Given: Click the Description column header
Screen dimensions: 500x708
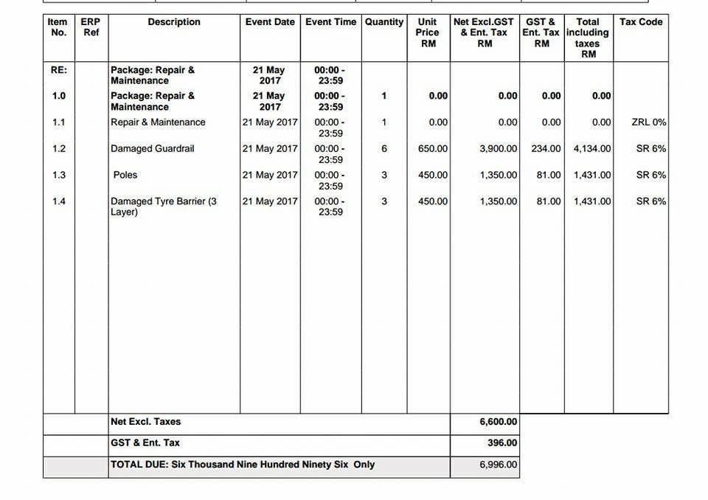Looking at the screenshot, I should pos(174,22).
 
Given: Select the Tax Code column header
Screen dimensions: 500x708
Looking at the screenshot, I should pos(641,22).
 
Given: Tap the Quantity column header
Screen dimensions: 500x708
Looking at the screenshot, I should pos(384,22).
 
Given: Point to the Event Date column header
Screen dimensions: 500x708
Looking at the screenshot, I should pos(270,22).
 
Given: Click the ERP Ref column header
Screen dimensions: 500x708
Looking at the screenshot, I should pos(91,27).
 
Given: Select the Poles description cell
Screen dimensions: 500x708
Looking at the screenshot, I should pos(125,176).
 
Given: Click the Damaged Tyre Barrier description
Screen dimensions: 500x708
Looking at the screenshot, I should pos(164,206).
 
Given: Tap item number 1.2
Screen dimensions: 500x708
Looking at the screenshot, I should pos(59,149).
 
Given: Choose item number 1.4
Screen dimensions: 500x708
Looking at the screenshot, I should pos(59,201).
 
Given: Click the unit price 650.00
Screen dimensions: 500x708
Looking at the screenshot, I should pos(433,149).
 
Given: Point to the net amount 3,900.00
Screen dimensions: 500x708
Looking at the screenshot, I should pos(499,149).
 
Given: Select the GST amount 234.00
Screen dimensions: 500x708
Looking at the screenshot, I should pos(546,149).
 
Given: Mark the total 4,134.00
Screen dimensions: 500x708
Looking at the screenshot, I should pos(592,149).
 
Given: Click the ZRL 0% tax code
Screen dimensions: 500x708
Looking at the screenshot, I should pos(649,122).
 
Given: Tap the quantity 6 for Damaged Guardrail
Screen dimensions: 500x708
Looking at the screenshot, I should pos(384,149).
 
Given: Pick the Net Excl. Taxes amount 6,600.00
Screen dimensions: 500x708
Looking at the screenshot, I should pos(499,423).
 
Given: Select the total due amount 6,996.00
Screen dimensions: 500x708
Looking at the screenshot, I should pos(499,465).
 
